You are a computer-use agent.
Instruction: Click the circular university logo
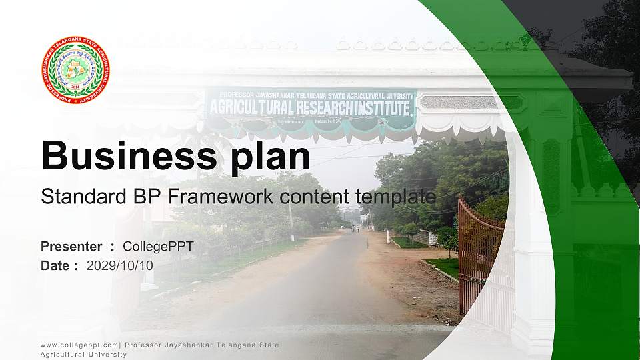pyautogui.click(x=75, y=69)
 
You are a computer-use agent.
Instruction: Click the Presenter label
pyautogui.click(x=71, y=247)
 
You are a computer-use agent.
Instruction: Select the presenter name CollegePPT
pyautogui.click(x=158, y=247)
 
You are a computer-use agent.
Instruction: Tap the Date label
pyautogui.click(x=55, y=265)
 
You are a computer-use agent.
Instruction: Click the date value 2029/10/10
pyautogui.click(x=120, y=265)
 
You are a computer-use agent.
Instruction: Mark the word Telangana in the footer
pyautogui.click(x=237, y=345)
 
